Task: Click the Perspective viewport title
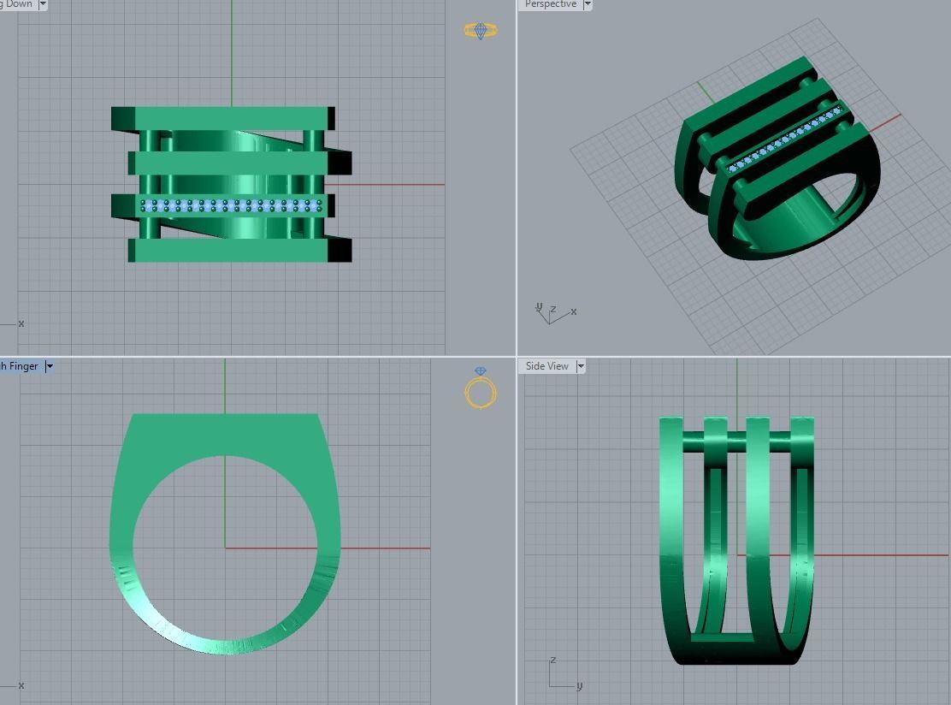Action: pos(550,4)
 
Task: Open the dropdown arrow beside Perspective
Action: pos(588,4)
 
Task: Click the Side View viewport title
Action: pos(546,366)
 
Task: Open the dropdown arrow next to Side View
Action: pos(581,366)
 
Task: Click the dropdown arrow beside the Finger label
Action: pos(50,366)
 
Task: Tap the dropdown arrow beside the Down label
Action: pos(43,4)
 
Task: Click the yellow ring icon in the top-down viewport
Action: pos(480,31)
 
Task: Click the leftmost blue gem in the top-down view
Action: pos(144,205)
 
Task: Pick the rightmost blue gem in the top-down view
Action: pos(319,205)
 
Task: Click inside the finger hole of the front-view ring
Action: pos(225,548)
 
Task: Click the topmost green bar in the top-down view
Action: pos(222,118)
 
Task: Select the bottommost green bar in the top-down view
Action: pos(231,251)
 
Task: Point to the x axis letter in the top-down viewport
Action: pos(21,323)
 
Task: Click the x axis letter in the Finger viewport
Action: pos(21,685)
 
